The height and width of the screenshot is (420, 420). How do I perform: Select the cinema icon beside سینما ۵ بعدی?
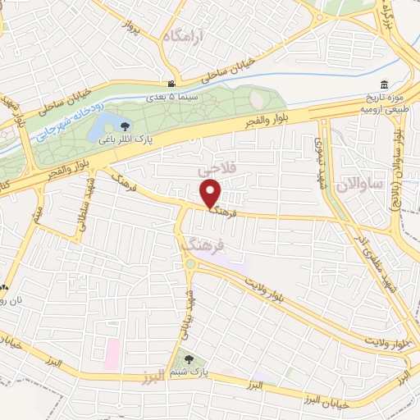(x=171, y=84)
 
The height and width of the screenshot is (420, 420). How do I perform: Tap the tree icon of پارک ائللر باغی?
(x=124, y=126)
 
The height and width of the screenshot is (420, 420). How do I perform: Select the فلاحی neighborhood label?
(x=217, y=167)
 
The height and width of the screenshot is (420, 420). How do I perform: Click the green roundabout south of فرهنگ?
(x=190, y=264)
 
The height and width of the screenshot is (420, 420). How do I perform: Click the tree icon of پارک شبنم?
(x=189, y=358)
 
